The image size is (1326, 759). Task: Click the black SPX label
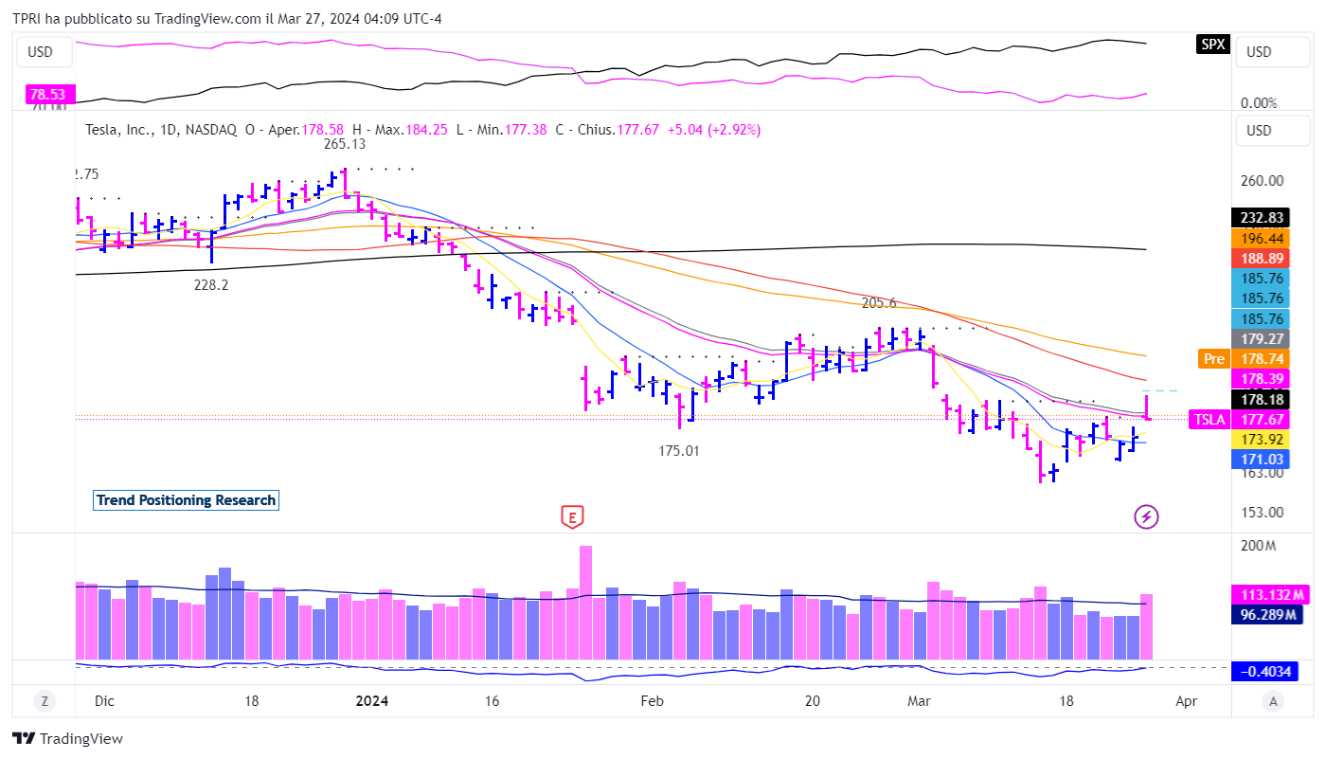(x=1213, y=44)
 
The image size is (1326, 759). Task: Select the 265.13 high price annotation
(x=345, y=144)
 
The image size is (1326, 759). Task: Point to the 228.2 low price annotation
(x=210, y=284)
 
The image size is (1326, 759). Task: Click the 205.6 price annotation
(x=879, y=303)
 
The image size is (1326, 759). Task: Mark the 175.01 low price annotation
(x=679, y=451)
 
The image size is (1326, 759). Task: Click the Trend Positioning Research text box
(x=186, y=500)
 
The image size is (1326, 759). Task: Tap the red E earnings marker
(x=571, y=516)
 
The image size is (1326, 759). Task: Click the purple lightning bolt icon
(x=1147, y=516)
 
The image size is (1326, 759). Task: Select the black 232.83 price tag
(x=1257, y=217)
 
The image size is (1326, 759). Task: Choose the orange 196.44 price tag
(x=1257, y=238)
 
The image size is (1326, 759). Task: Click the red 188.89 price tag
(x=1257, y=259)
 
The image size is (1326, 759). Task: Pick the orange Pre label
(x=1213, y=359)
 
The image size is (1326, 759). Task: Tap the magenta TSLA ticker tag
(x=1210, y=420)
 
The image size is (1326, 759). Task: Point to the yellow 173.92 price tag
(x=1257, y=440)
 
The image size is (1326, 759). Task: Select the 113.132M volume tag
(x=1269, y=595)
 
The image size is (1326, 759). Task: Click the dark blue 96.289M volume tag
(x=1269, y=614)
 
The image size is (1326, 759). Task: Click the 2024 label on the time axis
(x=372, y=701)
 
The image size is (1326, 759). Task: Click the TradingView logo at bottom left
(x=68, y=739)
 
